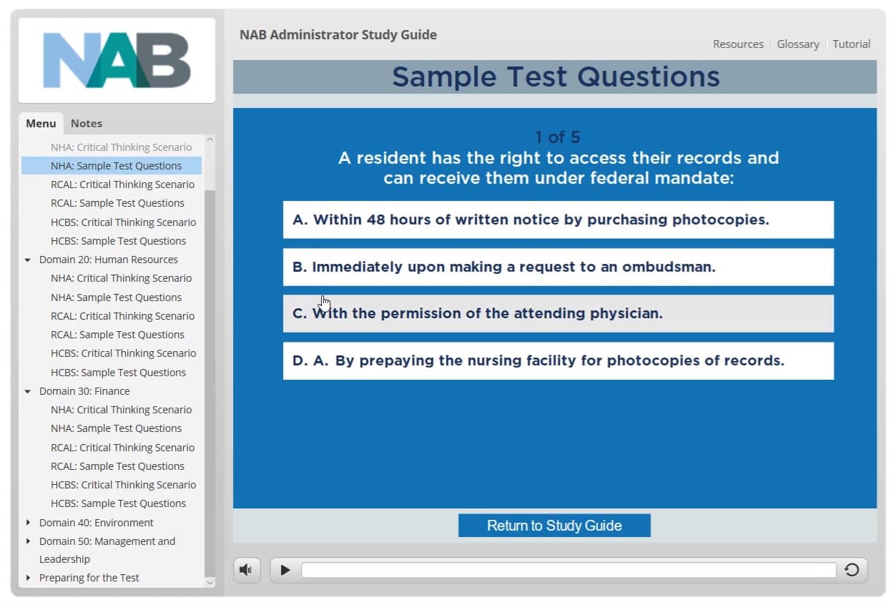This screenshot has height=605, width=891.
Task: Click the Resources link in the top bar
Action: click(x=738, y=44)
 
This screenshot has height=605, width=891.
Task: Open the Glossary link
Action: click(x=798, y=44)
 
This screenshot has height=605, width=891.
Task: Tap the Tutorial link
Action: click(x=851, y=44)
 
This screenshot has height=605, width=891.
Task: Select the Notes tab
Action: click(x=86, y=123)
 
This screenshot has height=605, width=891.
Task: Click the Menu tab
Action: click(x=41, y=123)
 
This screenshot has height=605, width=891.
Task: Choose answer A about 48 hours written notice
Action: click(x=558, y=220)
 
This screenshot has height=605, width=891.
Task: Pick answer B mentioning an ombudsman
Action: click(x=558, y=267)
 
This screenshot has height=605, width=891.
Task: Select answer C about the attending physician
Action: click(x=558, y=313)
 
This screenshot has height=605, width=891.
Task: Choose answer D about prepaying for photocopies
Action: click(x=558, y=360)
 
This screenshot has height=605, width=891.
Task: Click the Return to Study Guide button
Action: click(x=554, y=526)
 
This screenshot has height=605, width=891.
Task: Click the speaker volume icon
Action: click(x=246, y=570)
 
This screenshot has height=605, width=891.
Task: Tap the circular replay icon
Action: click(x=851, y=570)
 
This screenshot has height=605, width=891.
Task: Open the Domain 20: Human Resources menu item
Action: click(x=108, y=260)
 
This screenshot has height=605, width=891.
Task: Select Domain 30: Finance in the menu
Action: click(x=84, y=391)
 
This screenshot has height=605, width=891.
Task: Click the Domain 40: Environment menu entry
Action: click(x=96, y=523)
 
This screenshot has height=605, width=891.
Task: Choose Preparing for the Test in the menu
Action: click(x=89, y=578)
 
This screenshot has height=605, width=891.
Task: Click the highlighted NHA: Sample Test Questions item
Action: click(x=116, y=166)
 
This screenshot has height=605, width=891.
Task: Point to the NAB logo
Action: click(x=117, y=61)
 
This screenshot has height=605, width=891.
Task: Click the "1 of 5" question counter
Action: click(x=557, y=137)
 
